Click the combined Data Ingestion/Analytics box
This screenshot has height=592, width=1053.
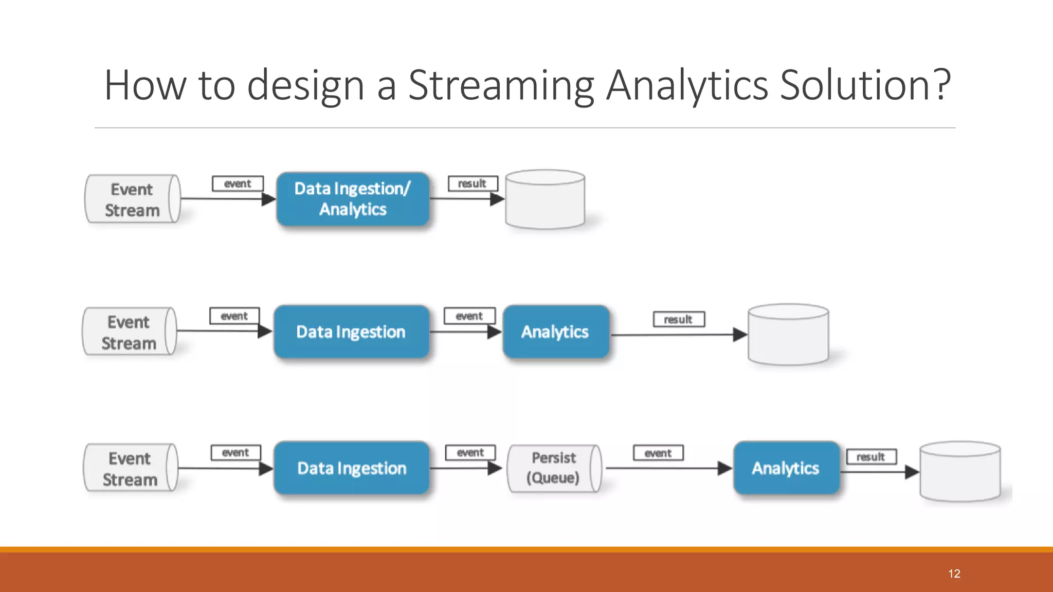click(353, 199)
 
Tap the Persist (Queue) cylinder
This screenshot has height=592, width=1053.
click(554, 468)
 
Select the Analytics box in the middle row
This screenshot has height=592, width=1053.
click(555, 331)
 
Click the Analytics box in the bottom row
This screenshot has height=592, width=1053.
click(786, 468)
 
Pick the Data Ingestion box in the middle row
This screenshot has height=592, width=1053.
click(351, 331)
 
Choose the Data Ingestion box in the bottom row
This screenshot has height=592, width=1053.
click(352, 468)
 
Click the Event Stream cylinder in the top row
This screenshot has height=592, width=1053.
click(132, 199)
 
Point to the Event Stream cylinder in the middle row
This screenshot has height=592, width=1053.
click(129, 332)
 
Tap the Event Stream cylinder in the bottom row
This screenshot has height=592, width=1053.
click(130, 468)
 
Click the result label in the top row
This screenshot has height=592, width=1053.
click(473, 183)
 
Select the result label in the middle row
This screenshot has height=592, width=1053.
click(679, 319)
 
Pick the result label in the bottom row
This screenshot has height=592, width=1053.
click(871, 456)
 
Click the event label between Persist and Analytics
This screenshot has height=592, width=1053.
click(658, 453)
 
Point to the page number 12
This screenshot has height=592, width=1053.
click(954, 573)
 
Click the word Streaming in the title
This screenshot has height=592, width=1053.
click(501, 85)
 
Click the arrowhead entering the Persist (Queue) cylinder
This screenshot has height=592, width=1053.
click(495, 468)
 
